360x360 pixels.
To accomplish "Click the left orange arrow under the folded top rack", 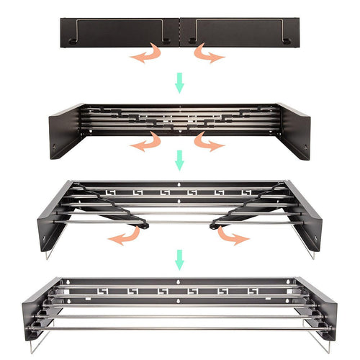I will click(x=147, y=55).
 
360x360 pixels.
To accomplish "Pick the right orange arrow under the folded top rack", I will click(x=209, y=55).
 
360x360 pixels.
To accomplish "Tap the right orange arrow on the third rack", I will click(x=232, y=236).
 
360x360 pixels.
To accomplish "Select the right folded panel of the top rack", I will click(x=238, y=32).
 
